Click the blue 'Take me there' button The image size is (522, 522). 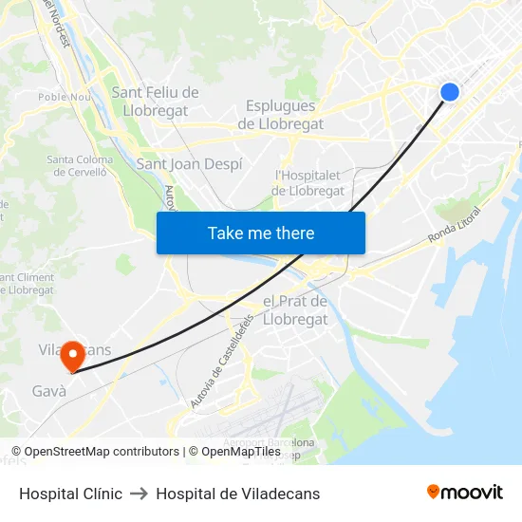(x=261, y=233)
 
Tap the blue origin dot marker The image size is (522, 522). (x=450, y=91)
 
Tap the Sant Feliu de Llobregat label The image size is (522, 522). (x=156, y=101)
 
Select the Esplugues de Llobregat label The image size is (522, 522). (x=280, y=115)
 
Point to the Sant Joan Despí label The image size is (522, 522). (x=189, y=164)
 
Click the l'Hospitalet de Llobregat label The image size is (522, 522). (x=308, y=182)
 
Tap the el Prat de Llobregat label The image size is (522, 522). (x=294, y=310)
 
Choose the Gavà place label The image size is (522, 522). (x=49, y=391)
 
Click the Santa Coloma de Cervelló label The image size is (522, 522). (x=81, y=165)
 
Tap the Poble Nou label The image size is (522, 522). (x=64, y=97)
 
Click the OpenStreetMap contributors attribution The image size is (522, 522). (x=95, y=452)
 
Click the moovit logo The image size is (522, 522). (x=464, y=492)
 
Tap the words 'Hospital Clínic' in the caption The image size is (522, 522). (x=70, y=494)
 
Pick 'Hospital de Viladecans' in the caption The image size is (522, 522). (x=238, y=494)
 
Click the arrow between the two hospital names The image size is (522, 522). (x=139, y=494)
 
